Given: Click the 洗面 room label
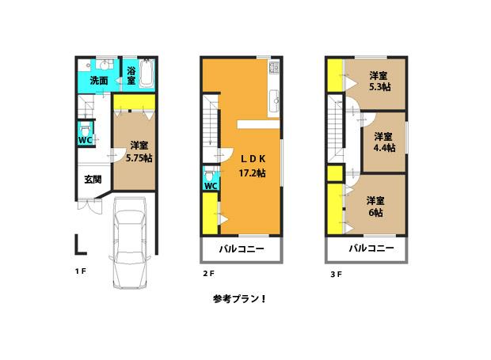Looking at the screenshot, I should (99, 80).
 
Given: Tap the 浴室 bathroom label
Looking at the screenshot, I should (131, 76).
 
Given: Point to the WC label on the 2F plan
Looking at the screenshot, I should (210, 186).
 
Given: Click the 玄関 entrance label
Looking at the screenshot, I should (93, 180).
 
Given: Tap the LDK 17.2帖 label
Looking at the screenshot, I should (253, 164).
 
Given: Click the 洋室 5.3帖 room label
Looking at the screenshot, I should (379, 82).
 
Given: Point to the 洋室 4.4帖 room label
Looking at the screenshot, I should (384, 141).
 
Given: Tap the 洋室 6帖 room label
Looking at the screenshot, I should (375, 207).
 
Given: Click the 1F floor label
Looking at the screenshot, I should (80, 271).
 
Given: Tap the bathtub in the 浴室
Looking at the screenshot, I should (146, 76).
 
